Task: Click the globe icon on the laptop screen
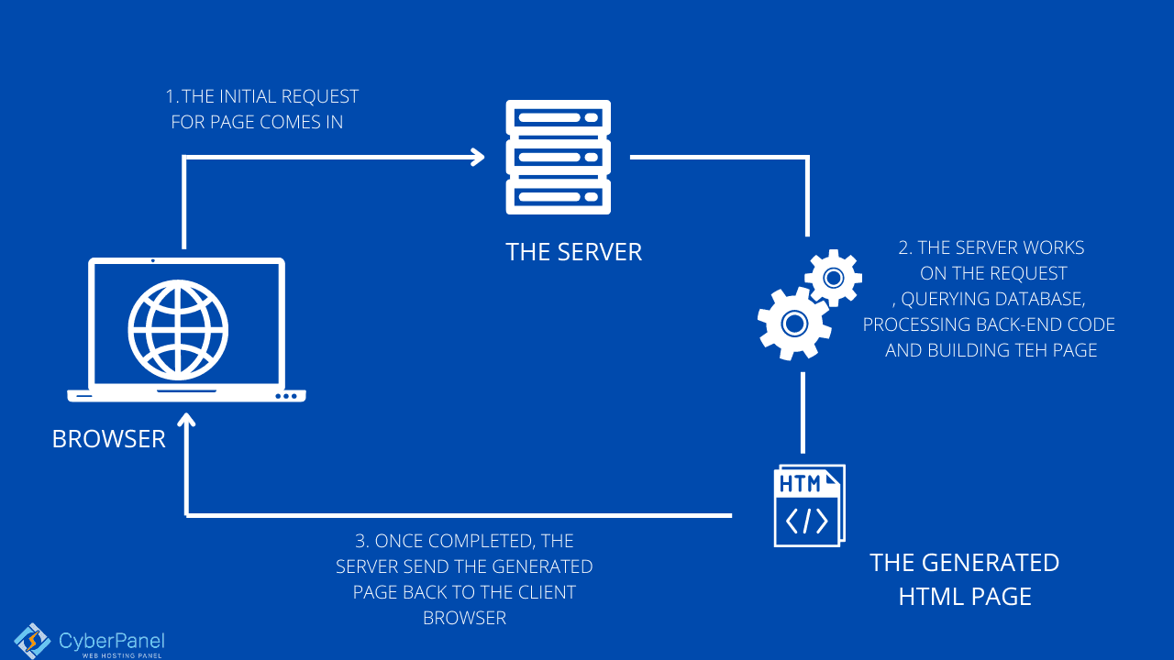pyautogui.click(x=178, y=328)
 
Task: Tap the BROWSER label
pyautogui.click(x=108, y=439)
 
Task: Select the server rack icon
pyautogui.click(x=558, y=158)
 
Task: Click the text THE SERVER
pyautogui.click(x=573, y=252)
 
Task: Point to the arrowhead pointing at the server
pyautogui.click(x=476, y=157)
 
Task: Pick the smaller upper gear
pyautogui.click(x=833, y=277)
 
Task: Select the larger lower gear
pyautogui.click(x=793, y=323)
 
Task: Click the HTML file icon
pyautogui.click(x=808, y=506)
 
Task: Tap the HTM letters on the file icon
pyautogui.click(x=800, y=484)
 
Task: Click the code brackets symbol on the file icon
pyautogui.click(x=807, y=521)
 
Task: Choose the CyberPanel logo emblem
pyautogui.click(x=32, y=641)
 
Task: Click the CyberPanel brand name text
pyautogui.click(x=111, y=641)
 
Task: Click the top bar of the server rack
pyautogui.click(x=558, y=118)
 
